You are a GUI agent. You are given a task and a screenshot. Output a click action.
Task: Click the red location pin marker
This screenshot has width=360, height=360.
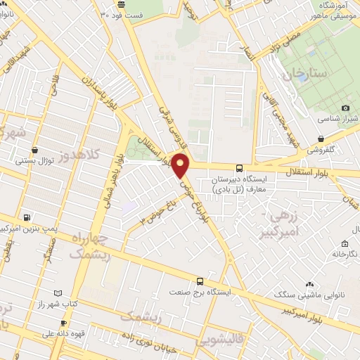(181, 166)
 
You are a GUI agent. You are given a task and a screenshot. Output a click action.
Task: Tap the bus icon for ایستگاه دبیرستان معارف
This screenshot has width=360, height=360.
(240, 168)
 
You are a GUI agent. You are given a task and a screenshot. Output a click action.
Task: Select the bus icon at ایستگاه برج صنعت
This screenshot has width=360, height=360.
(200, 280)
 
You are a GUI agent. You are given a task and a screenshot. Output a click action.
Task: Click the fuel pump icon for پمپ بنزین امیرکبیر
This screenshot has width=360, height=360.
(27, 217)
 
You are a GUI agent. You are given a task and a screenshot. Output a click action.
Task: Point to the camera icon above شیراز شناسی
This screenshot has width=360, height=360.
(345, 108)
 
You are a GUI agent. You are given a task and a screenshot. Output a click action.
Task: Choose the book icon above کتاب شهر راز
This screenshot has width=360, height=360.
(58, 292)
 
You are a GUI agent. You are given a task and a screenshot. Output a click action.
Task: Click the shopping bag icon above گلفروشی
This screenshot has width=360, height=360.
(321, 139)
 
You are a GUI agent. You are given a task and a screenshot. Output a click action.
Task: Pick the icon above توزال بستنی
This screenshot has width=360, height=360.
(35, 149)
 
